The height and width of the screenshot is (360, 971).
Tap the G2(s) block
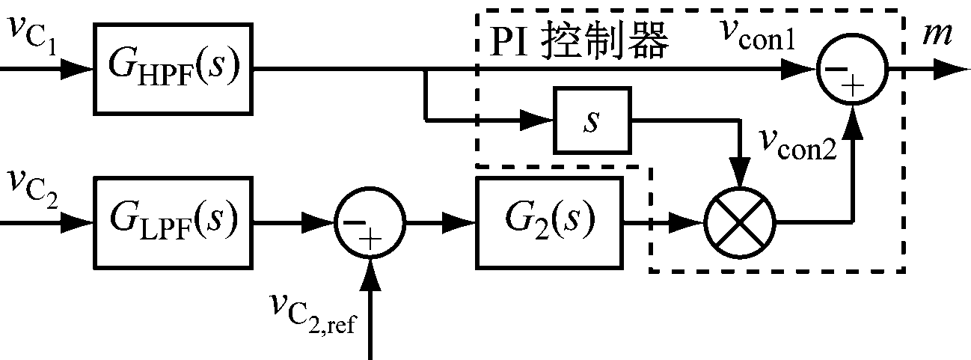click(549, 222)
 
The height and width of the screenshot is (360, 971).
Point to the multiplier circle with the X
click(740, 222)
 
